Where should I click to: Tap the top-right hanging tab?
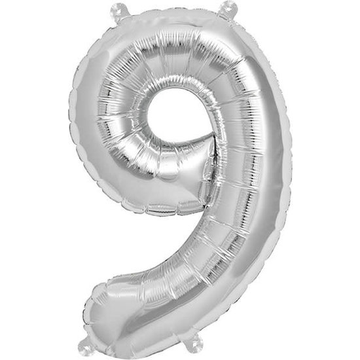point(228,8)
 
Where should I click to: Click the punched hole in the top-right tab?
point(229,7)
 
